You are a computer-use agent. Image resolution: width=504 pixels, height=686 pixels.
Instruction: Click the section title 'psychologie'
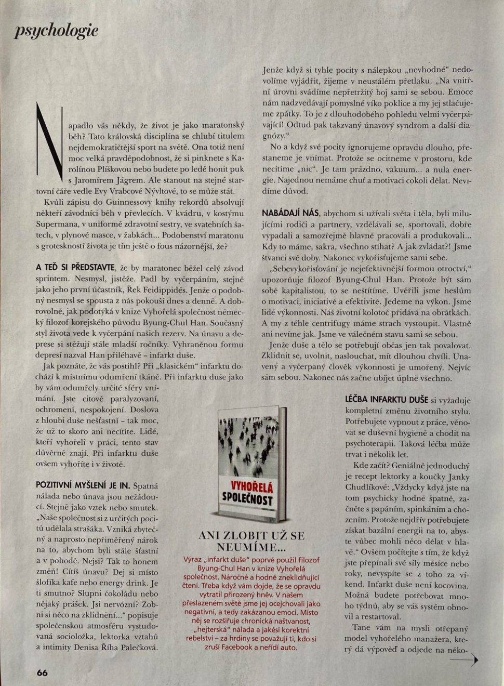point(56,31)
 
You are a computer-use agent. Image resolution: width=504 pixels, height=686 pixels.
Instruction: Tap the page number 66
point(42,672)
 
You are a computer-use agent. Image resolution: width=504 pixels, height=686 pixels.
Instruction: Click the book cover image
point(252,464)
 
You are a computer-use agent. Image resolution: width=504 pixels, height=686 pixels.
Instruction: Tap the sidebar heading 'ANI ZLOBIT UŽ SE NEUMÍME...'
point(251,541)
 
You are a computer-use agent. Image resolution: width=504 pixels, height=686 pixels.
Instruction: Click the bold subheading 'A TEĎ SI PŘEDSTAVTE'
point(75,268)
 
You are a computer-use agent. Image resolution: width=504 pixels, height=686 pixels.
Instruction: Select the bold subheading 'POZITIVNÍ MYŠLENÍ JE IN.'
point(83,485)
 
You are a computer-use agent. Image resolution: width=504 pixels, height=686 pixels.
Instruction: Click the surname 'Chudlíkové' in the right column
point(368,487)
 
